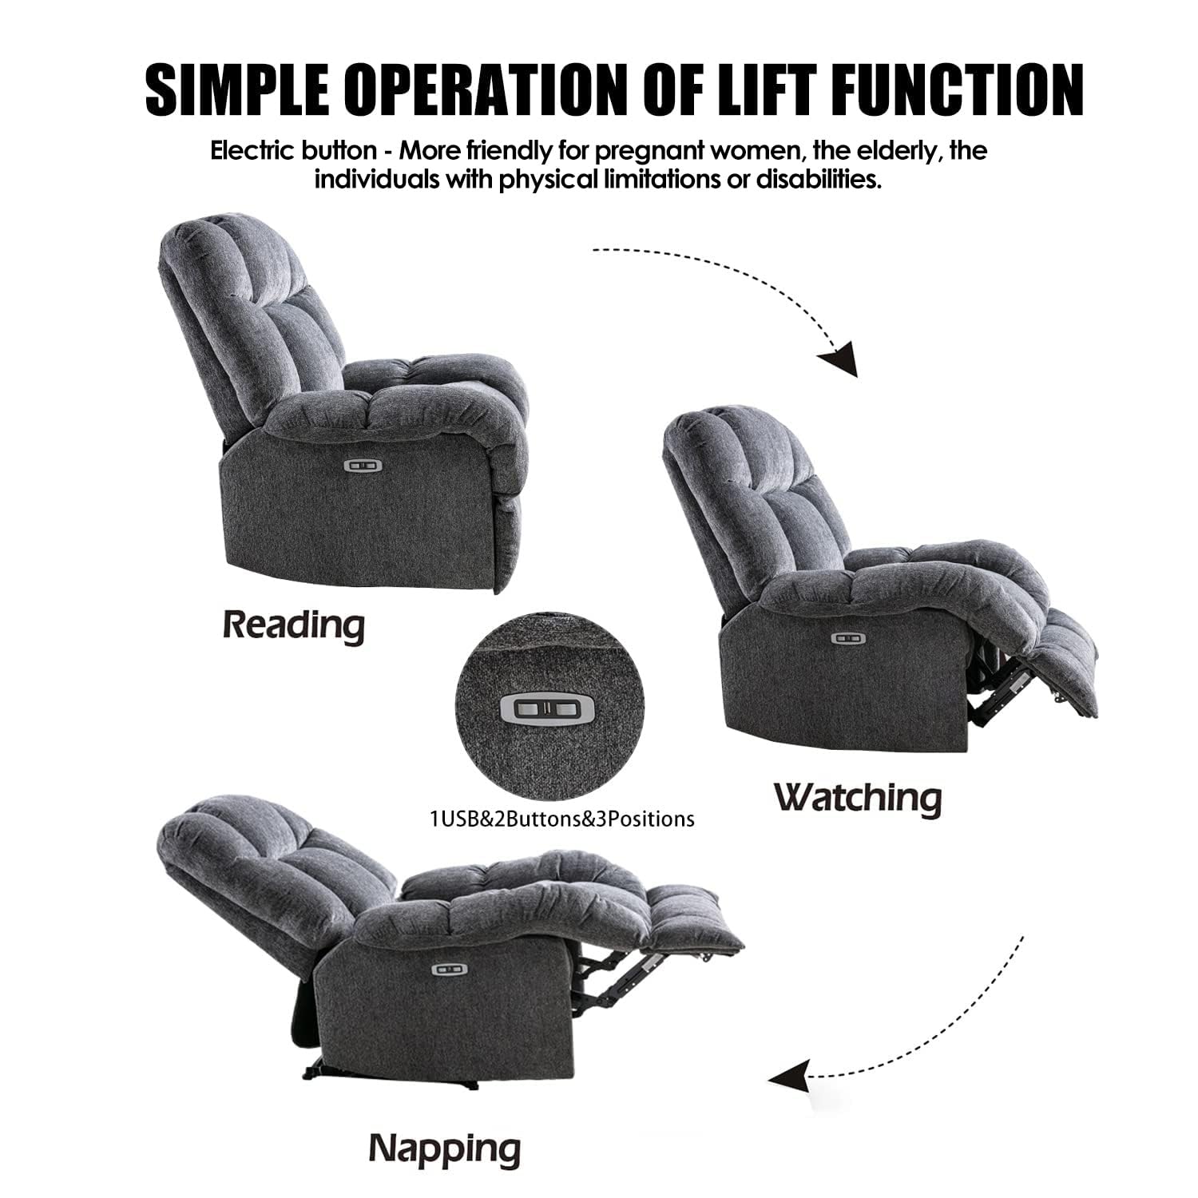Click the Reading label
[293, 624]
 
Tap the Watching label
[858, 797]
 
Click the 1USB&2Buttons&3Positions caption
[561, 819]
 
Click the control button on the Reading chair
[362, 464]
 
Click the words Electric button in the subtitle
[292, 150]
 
